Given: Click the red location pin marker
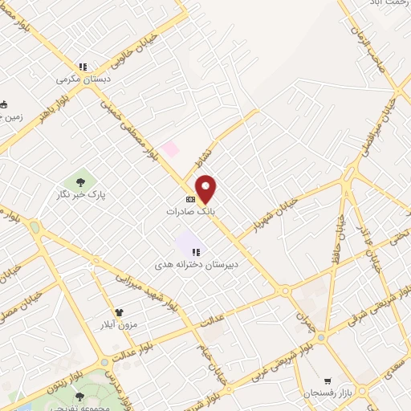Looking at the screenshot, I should (206, 188).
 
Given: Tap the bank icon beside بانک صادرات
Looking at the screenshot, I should (190, 199).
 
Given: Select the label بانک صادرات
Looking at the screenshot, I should (191, 211).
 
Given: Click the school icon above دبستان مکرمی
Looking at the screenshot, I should (82, 67).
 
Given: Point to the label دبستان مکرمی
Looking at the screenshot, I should (82, 79).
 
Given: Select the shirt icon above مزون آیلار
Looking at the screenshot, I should (120, 311).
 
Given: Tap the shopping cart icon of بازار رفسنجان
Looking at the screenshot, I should (328, 380).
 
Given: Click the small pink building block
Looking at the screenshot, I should (169, 149).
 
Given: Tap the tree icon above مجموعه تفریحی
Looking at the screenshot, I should (79, 397).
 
